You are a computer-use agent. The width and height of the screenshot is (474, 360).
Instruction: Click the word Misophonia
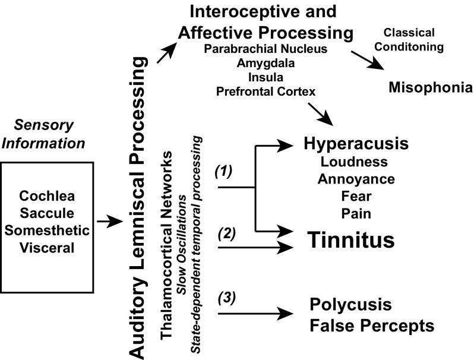[x=431, y=89]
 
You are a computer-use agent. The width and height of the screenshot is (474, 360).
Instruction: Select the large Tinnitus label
[x=351, y=240]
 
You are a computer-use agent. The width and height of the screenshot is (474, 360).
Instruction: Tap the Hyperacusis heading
[x=348, y=145]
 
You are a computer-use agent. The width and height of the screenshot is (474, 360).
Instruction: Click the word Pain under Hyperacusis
[x=348, y=213]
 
